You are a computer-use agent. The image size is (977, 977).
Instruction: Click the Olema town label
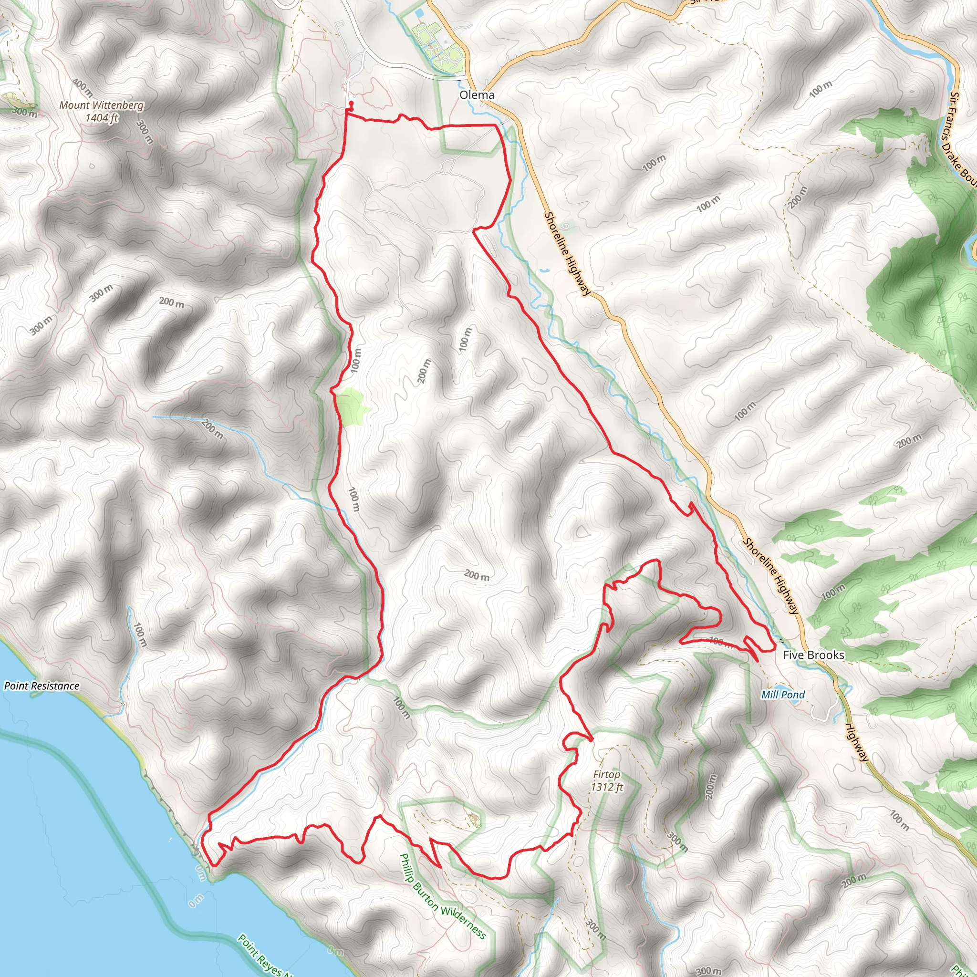(477, 95)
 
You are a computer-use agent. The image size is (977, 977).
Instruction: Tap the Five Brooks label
(813, 655)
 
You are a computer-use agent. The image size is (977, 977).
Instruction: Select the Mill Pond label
(783, 695)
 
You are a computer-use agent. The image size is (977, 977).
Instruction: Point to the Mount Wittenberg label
(101, 105)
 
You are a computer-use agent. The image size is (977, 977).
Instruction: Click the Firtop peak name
(606, 774)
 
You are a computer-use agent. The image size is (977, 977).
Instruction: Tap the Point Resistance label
(42, 686)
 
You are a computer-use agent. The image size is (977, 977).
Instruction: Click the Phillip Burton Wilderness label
(443, 895)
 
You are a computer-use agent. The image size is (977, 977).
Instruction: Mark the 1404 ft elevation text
(101, 118)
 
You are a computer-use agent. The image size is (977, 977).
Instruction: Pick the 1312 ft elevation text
(607, 787)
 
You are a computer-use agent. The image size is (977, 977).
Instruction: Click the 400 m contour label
(83, 87)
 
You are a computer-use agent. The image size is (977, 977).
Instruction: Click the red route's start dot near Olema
(351, 103)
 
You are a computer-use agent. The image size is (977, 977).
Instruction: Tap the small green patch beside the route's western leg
(354, 405)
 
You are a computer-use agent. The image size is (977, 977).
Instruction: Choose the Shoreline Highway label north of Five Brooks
(770, 575)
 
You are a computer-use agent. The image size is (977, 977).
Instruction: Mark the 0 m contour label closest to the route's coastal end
(201, 873)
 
